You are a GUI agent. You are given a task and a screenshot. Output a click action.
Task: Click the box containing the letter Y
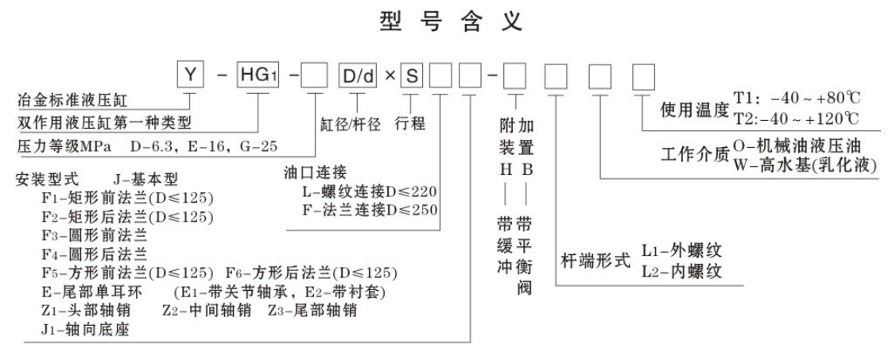(x=191, y=76)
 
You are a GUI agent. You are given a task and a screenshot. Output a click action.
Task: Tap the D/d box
(x=358, y=76)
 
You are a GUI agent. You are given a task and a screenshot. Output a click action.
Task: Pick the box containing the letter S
(x=411, y=76)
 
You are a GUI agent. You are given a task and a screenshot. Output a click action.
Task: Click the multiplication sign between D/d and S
(x=387, y=77)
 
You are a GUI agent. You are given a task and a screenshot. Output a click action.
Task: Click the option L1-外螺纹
(x=686, y=250)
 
